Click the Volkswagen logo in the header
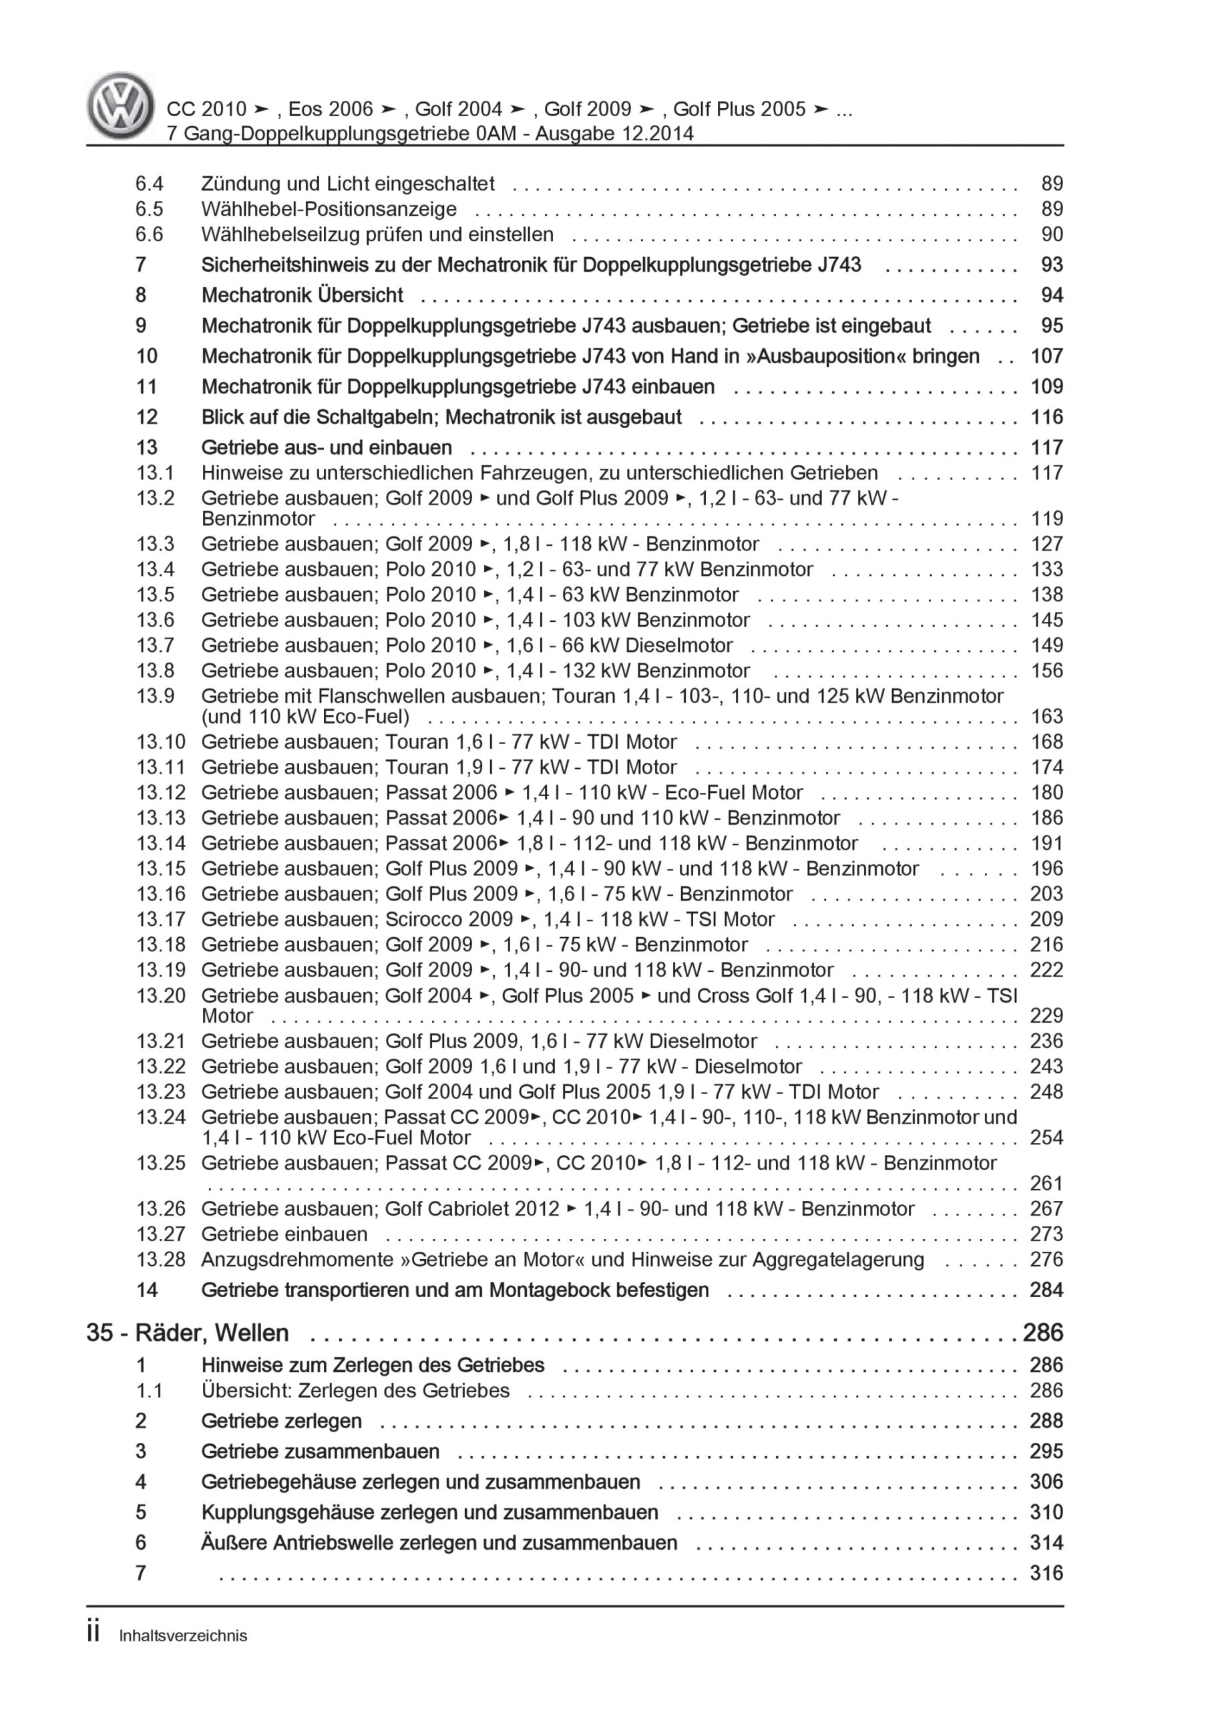coord(121,106)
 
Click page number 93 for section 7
coord(1052,265)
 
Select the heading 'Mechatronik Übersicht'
coord(302,295)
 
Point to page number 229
coord(1046,1015)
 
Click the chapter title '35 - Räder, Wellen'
coord(188,1333)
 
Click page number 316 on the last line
coord(1046,1572)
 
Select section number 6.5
coord(149,208)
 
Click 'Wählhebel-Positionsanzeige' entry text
coord(329,208)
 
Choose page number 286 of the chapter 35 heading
coord(1042,1333)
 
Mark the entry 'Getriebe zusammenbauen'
coord(321,1451)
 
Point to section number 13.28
coord(160,1258)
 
